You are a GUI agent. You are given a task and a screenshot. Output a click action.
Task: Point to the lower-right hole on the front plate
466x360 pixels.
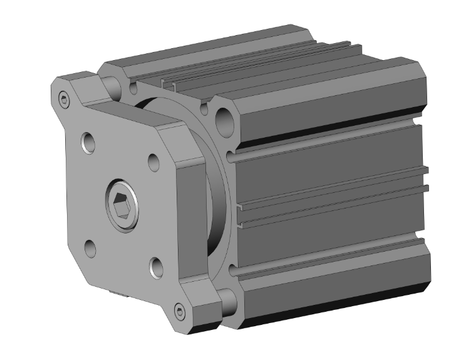tap(156, 268)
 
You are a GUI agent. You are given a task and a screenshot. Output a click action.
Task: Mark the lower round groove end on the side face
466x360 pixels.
tap(233, 270)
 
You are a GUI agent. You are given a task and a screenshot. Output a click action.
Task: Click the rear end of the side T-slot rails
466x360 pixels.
tap(425, 179)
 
